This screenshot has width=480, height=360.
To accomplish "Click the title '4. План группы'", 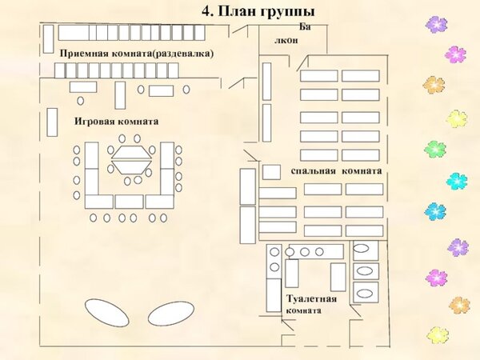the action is pos(258,12).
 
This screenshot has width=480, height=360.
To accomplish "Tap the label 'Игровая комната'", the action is pos(116,122).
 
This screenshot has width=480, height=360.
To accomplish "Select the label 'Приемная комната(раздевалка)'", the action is pos(136,54).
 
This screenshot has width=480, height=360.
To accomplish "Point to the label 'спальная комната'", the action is pos(336,171).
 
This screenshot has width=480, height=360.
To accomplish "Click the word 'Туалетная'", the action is pos(312,298).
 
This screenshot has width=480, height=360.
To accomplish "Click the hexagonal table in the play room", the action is pos(132,159).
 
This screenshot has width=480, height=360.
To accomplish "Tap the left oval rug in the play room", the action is pos(107,313).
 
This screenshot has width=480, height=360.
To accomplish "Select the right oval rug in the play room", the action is pos(171,313).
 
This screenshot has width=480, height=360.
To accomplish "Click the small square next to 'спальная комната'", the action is pos(271,172).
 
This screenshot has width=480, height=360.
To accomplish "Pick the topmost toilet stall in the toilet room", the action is pos(366,250).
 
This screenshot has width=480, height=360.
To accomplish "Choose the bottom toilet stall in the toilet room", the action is pos(366,292).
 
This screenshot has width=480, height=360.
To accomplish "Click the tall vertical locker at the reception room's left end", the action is pos(48,39).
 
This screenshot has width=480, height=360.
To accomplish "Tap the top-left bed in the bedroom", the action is pos(319,76).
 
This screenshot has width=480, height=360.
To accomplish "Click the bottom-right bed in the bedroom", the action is pos(364,231).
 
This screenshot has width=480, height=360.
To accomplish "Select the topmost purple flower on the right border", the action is pos(437,25).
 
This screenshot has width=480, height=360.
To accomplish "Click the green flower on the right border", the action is pos(435,149).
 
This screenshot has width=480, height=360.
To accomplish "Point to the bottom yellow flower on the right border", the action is pos(438,335).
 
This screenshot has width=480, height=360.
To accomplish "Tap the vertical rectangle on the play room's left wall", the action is pos(52,122).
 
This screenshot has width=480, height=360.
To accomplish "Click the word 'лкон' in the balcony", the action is pos(286,41).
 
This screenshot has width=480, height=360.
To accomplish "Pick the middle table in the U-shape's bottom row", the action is pos(129,202).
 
